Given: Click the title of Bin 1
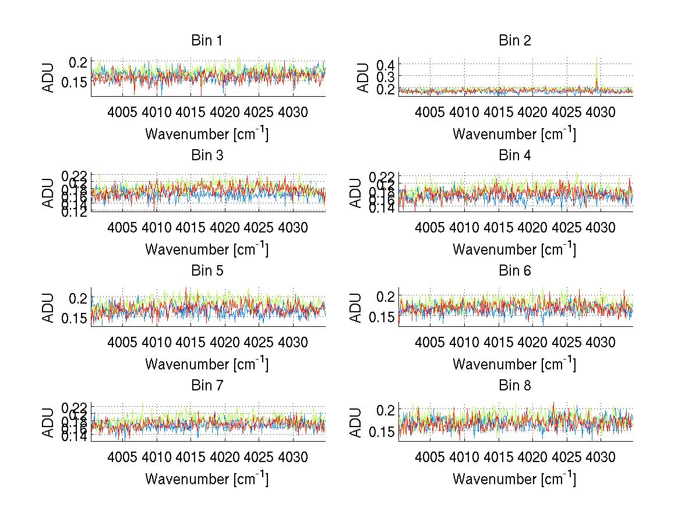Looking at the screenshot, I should coord(207,41).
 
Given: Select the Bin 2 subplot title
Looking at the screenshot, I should coord(515,41).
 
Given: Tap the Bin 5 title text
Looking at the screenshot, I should coord(207,271).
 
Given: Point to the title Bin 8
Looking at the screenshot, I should coord(515,386).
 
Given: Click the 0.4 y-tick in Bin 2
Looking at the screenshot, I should coord(384,64).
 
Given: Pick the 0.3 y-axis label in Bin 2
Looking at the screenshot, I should coord(384,76).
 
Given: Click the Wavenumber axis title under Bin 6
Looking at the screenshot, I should coord(514,364).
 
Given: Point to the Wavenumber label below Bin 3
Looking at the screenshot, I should coord(207,249).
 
